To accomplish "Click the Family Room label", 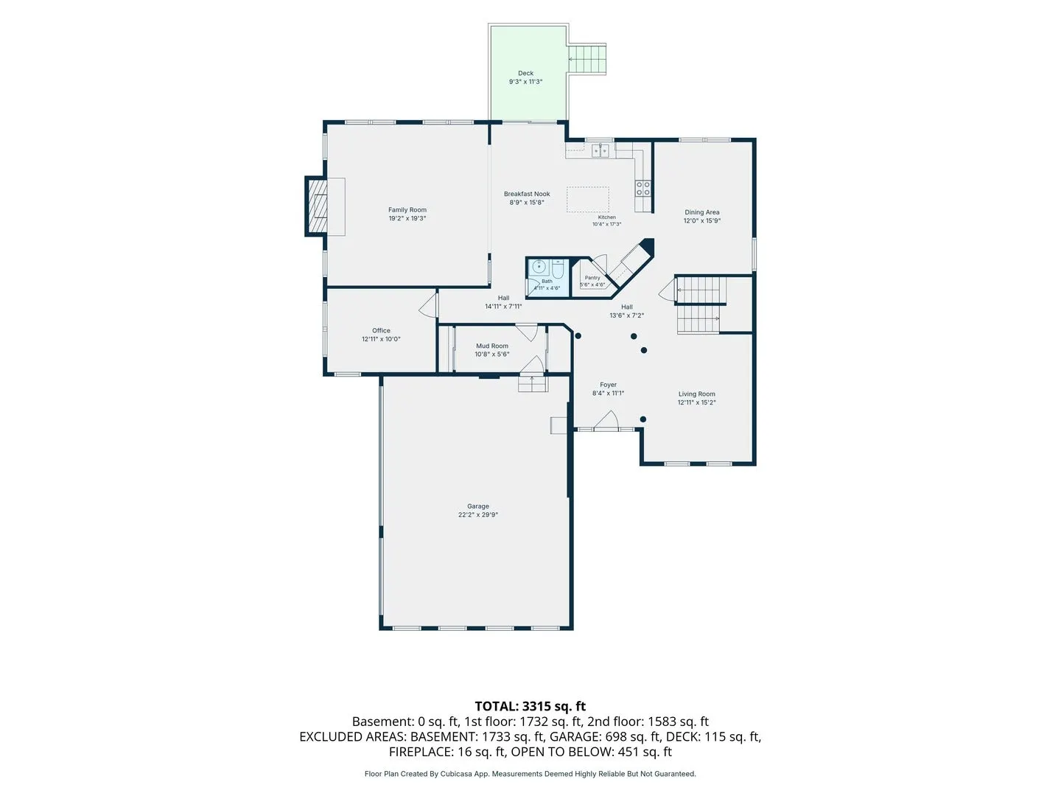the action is pos(407,210).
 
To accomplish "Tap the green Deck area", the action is pos(528,72).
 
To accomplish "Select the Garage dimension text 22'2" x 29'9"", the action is pos(477,514).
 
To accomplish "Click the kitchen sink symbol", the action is pos(600,151).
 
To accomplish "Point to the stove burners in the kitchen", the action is pos(643,188).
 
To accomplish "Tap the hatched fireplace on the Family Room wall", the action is pos(317,206).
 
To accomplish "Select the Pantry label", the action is pos(592,278).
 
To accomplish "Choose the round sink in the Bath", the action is pos(539,266).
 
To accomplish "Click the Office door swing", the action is pos(428,305).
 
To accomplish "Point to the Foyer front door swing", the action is pos(606,419).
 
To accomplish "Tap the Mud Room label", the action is pos(491,346).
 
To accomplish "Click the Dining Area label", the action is pos(701,212).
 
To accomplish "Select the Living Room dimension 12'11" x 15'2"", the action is pos(696,402).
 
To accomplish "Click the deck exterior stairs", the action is pos(586,59).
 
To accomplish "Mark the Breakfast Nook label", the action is pos(526,194).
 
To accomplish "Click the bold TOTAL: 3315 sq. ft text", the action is pos(530,706).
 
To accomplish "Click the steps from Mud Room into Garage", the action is pos(533,384).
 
